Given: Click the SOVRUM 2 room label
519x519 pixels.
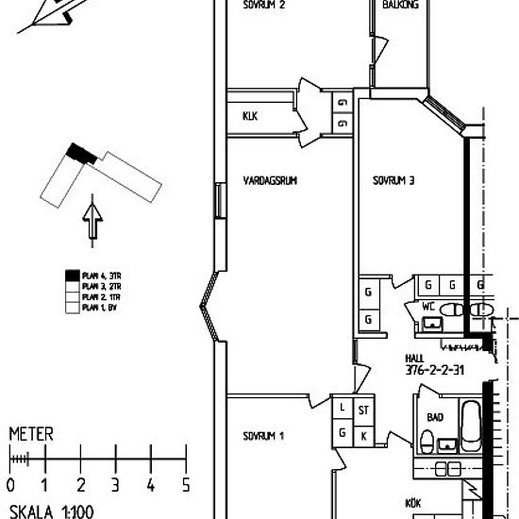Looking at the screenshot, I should (x=263, y=5).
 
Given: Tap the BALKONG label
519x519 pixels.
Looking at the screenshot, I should (x=401, y=5).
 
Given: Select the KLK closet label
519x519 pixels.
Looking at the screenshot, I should (x=250, y=116).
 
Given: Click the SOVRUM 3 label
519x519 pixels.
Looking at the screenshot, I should (x=393, y=181).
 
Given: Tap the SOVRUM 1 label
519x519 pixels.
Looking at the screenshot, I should (x=263, y=437).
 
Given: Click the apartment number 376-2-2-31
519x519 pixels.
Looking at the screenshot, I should (x=438, y=371).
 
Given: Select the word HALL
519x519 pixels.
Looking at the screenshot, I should (x=414, y=359).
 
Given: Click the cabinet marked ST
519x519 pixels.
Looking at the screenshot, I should (x=364, y=409).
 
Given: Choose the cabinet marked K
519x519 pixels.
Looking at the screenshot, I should (x=364, y=434).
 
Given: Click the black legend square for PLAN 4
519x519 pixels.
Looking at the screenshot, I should (x=71, y=275).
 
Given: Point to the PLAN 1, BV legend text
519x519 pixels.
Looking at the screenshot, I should (x=98, y=309).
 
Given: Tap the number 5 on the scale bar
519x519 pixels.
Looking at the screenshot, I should (x=186, y=485).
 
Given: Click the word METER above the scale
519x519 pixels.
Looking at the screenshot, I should (x=30, y=435).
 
